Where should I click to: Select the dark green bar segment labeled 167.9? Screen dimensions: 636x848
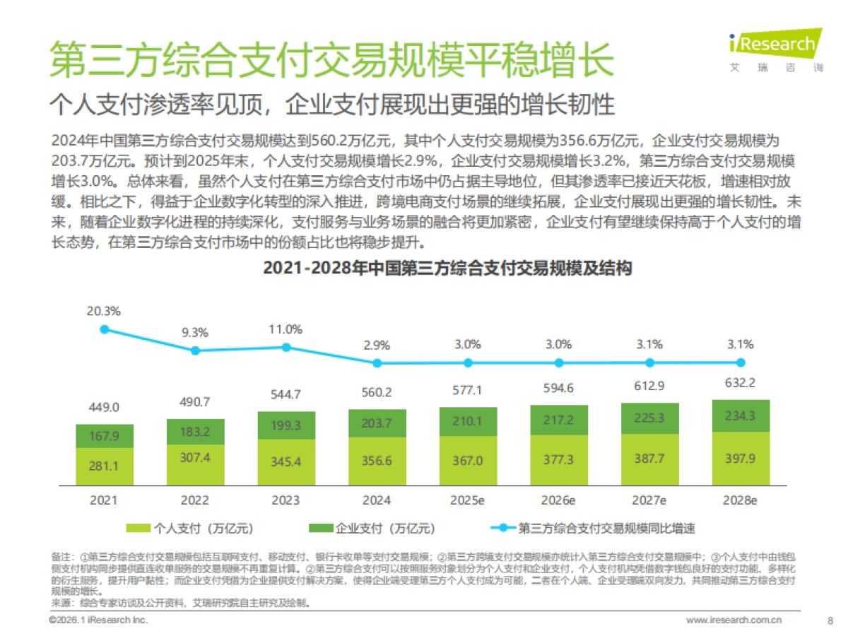(104, 436)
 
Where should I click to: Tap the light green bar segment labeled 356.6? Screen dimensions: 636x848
(377, 461)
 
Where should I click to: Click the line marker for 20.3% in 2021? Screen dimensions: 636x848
(104, 329)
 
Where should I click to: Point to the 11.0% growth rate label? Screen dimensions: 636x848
(285, 329)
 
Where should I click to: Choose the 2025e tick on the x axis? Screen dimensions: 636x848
(467, 500)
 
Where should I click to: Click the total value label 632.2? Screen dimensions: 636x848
(740, 384)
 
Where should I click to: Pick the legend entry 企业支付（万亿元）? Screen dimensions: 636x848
(372, 528)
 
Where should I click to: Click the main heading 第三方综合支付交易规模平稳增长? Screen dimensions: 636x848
(331, 59)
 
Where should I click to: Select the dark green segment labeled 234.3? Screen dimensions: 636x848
(740, 416)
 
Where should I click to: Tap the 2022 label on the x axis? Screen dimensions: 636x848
(194, 500)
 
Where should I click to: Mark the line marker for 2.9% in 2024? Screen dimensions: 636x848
(377, 363)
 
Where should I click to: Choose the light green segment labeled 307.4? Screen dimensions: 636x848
(194, 458)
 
